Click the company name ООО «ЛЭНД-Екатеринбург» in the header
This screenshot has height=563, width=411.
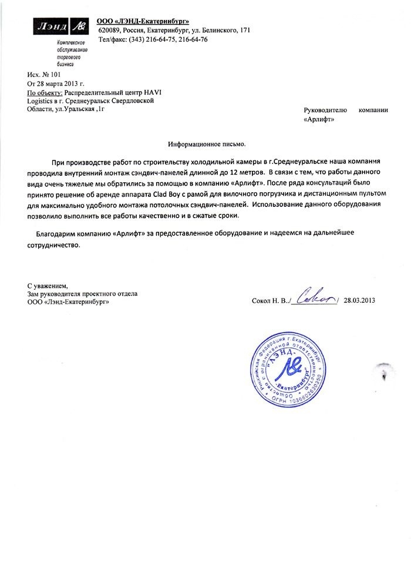click(x=139, y=22)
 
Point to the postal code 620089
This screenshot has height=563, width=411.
click(x=109, y=30)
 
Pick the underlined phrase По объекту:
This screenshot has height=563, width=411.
click(x=45, y=93)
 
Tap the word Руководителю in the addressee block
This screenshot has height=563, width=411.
click(x=325, y=110)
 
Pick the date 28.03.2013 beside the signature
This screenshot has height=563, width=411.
click(x=360, y=301)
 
